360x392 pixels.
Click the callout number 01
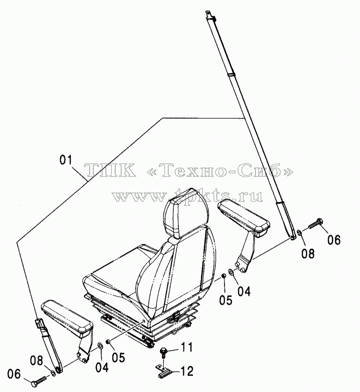[x=66, y=160]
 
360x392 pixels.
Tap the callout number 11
[x=187, y=347]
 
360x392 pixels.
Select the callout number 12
[x=187, y=371]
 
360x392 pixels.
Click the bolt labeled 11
[x=164, y=351]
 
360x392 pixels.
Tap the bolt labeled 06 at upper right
[x=315, y=223]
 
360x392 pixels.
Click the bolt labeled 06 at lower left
[x=39, y=381]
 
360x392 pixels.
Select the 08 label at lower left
[x=37, y=361]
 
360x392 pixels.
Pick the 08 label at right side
[x=308, y=253]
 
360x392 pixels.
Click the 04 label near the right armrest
[x=244, y=291]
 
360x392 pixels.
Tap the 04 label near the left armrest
[x=102, y=367]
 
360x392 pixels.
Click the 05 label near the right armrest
[x=226, y=300]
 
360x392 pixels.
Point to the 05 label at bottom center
[x=118, y=357]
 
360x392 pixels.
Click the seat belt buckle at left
[x=39, y=323]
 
